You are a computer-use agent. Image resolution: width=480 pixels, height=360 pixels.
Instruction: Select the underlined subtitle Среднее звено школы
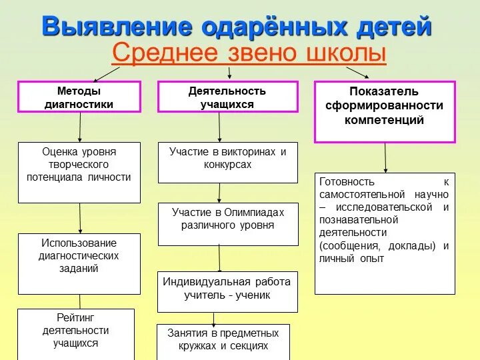249,53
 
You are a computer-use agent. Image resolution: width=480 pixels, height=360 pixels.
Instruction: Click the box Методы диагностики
79,97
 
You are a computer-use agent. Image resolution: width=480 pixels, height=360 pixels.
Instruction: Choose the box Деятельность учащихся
227,97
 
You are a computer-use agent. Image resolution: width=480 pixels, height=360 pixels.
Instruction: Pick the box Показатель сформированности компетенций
385,111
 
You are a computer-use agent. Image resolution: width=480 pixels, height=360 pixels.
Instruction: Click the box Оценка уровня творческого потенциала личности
79,171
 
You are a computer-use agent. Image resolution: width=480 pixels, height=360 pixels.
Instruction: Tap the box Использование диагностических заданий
79,263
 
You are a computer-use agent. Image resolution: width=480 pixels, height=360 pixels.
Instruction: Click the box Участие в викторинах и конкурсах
227,162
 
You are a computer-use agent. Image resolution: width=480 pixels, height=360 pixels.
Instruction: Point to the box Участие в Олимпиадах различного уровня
227,224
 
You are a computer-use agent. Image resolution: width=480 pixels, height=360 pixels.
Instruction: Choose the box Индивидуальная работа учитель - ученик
227,291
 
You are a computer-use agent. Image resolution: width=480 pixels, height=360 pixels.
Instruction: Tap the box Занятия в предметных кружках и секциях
223,341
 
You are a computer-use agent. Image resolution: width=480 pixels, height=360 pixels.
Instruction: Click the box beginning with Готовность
385,233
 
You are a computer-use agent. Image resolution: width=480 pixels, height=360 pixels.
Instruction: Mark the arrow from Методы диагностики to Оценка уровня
80,127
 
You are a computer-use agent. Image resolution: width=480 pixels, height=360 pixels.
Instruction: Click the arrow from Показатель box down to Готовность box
385,158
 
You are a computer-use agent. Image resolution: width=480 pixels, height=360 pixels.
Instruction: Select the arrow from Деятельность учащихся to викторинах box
219,127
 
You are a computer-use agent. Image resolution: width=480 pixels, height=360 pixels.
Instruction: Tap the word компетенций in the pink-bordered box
385,120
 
